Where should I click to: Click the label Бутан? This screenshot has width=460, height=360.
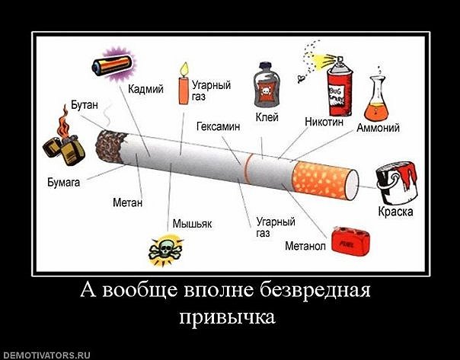click(85, 104)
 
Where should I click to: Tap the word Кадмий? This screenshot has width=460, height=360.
click(146, 89)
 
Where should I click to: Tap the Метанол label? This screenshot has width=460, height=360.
click(305, 246)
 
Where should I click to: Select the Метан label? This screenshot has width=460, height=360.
click(127, 203)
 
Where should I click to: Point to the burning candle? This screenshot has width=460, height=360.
click(183, 84)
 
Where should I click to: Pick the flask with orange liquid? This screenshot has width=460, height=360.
click(382, 100)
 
